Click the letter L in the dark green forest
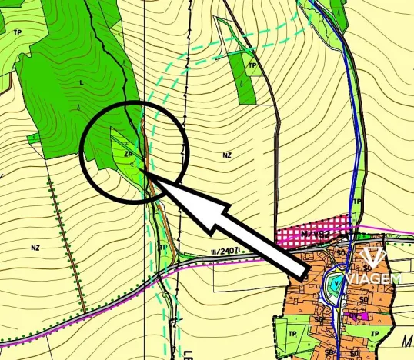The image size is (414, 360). pos(80,82)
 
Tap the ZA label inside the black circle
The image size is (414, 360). pos(129,155)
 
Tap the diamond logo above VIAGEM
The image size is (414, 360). pos(372,257)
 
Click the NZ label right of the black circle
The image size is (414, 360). pos(227,155)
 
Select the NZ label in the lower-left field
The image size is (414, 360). pos(35,248)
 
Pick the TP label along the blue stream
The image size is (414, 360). pos(356,202)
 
